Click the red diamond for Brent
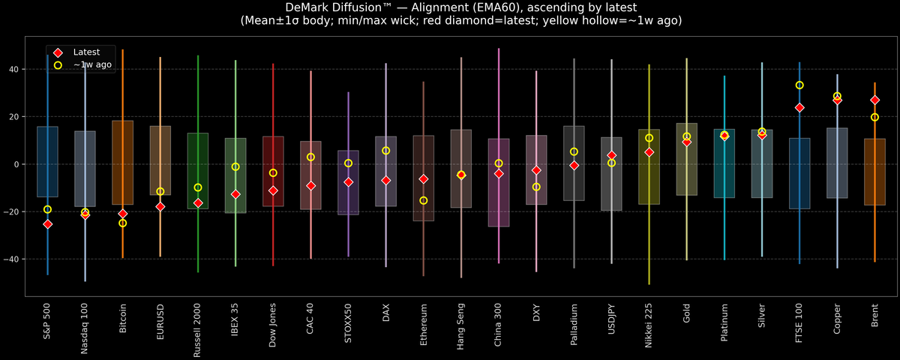pyautogui.click(x=874, y=100)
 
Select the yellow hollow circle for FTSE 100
pyautogui.click(x=799, y=85)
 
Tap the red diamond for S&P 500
pyautogui.click(x=48, y=224)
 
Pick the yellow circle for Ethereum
pyautogui.click(x=424, y=200)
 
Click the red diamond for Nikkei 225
pyautogui.click(x=649, y=152)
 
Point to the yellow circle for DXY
pyautogui.click(x=536, y=187)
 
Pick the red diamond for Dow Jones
pyautogui.click(x=273, y=190)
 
